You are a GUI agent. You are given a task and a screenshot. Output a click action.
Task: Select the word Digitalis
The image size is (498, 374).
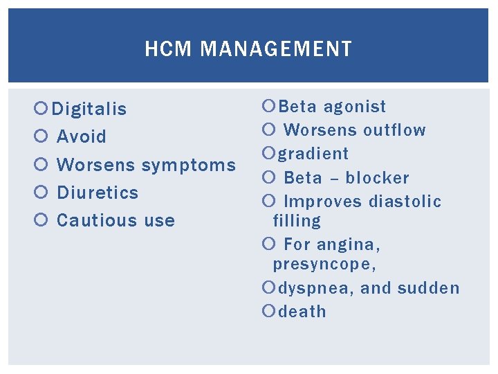coord(89,109)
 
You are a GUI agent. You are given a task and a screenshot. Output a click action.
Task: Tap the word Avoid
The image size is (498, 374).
coord(82,136)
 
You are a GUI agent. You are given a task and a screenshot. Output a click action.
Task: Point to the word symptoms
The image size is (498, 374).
coord(189,165)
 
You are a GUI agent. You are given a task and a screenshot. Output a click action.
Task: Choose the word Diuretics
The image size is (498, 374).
coord(98,192)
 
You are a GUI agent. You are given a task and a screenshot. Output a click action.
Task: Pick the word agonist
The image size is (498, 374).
coord(355,106)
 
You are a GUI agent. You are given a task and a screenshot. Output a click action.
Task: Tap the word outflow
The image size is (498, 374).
coord(394,130)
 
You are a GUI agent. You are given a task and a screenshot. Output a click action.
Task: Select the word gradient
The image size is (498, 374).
coord(313,154)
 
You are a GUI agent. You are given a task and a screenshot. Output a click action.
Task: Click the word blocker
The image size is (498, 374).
coord(378,177)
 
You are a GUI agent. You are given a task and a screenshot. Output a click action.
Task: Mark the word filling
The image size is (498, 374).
coord(297,221)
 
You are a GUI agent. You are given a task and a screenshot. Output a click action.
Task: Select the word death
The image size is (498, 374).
coord(302,312)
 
